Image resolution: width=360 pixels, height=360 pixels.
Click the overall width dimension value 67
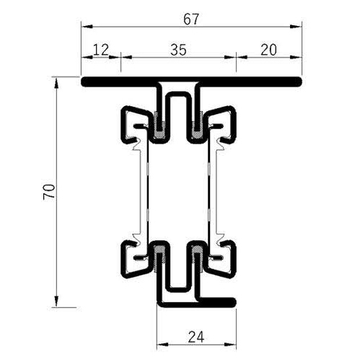190,19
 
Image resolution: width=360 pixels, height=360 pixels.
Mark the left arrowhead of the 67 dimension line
84,27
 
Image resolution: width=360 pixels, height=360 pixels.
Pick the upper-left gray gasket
157,127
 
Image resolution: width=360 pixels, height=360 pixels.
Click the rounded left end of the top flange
84,82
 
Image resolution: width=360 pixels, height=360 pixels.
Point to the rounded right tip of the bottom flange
232,301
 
